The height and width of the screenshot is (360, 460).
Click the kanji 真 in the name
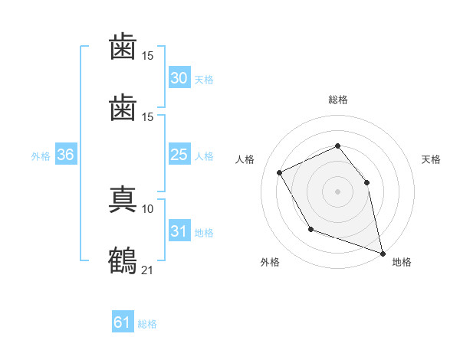(x=123, y=199)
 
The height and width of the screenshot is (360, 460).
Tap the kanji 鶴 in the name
(x=123, y=260)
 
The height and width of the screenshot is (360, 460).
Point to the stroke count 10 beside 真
(x=147, y=209)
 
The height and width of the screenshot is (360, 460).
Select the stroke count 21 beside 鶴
(x=147, y=270)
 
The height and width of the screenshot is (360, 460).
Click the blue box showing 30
(x=179, y=77)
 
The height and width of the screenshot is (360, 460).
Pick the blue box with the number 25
(x=179, y=154)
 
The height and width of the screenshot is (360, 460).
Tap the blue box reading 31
(x=179, y=230)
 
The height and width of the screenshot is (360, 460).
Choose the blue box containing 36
(x=66, y=154)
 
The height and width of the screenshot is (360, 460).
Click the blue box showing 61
(x=123, y=321)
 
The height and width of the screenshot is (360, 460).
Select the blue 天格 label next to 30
(x=204, y=80)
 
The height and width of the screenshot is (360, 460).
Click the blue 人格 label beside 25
(x=204, y=156)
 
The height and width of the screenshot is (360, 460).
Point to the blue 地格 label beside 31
(x=204, y=233)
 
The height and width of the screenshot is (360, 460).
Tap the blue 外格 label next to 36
(x=41, y=156)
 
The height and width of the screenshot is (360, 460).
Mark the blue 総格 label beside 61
(x=147, y=324)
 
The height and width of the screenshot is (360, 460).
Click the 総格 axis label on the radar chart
(x=338, y=100)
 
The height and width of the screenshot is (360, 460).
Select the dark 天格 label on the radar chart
(x=431, y=159)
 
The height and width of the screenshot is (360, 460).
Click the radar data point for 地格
(x=383, y=254)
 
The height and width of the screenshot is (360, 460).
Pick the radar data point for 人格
(x=280, y=172)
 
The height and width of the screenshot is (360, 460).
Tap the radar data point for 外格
(x=311, y=229)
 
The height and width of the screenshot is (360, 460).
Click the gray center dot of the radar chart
(x=337, y=191)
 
